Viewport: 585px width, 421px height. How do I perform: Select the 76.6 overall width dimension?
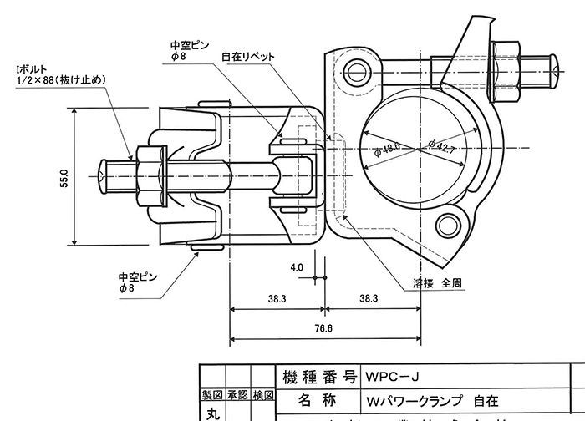[323, 328]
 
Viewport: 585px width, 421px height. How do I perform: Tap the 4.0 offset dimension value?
[297, 268]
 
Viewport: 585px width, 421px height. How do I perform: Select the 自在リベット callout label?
[247, 58]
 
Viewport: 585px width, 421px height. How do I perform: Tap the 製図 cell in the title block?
[211, 394]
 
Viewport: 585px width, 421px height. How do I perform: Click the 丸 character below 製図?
[211, 413]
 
